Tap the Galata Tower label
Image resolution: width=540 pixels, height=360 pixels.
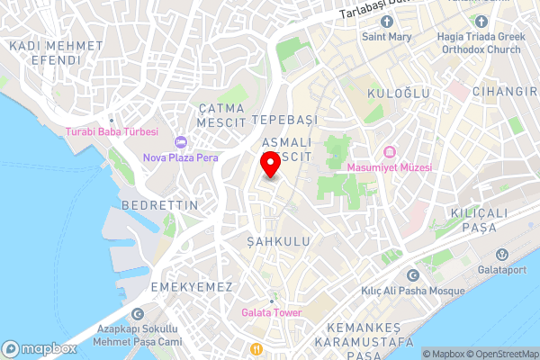click(x=271, y=312)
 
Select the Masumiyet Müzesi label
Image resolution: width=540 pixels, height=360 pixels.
click(x=394, y=167)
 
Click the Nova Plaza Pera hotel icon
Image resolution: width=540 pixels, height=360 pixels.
click(x=180, y=141)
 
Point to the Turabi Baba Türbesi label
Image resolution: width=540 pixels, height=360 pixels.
click(x=112, y=131)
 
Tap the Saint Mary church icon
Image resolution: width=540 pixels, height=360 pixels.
click(x=387, y=22)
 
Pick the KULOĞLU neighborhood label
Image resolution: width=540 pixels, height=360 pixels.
click(x=399, y=94)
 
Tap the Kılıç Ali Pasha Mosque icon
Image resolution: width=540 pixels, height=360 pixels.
click(x=413, y=275)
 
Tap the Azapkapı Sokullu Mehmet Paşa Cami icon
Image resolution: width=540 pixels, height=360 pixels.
click(x=138, y=314)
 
